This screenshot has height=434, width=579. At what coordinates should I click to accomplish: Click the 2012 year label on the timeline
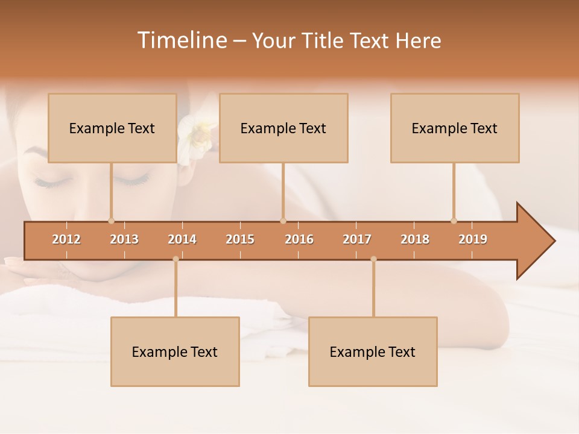click(x=66, y=239)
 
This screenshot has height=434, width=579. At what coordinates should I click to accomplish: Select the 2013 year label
click(x=124, y=239)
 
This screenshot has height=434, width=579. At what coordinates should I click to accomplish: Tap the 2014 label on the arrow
click(x=182, y=239)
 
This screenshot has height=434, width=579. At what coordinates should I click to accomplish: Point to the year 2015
click(x=240, y=239)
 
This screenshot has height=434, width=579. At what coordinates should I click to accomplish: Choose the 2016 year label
click(x=299, y=239)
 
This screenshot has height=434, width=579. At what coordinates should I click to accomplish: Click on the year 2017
click(x=357, y=239)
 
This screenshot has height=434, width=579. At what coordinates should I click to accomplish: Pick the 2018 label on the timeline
click(x=415, y=239)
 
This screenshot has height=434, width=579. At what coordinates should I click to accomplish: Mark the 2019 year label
click(x=473, y=239)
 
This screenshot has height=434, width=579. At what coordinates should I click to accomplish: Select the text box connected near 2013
click(x=112, y=128)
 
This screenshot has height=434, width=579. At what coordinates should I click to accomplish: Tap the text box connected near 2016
click(x=283, y=128)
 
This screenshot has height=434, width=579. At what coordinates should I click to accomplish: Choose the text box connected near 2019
click(x=455, y=128)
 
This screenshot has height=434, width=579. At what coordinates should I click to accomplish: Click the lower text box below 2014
click(x=175, y=351)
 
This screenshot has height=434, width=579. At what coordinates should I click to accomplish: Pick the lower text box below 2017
click(x=373, y=351)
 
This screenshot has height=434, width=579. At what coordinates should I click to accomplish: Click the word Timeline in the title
click(x=182, y=40)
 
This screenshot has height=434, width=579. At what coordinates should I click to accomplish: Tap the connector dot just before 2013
click(x=111, y=221)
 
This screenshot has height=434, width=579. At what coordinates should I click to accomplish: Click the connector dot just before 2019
click(x=454, y=221)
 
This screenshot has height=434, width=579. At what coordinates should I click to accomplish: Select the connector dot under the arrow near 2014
click(x=176, y=259)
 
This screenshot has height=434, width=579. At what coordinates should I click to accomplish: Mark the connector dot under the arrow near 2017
click(x=373, y=259)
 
